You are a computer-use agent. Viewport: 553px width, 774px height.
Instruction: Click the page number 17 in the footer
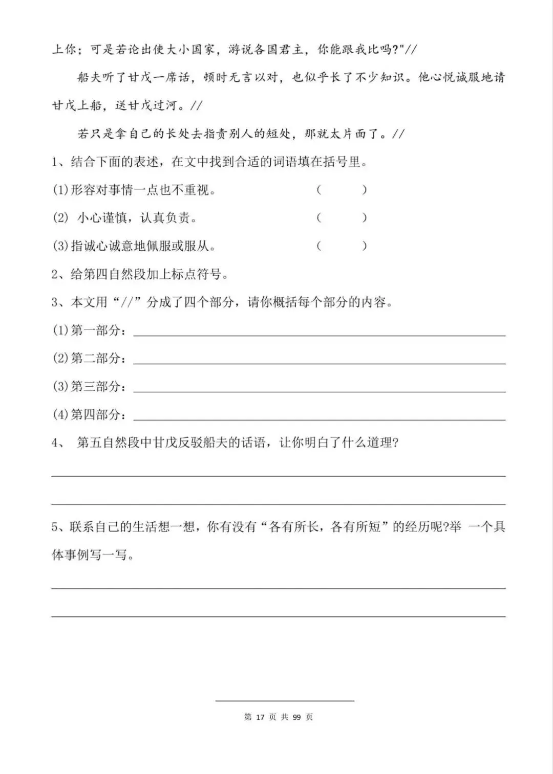pyautogui.click(x=259, y=717)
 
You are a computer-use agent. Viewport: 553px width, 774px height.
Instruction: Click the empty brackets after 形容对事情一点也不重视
pyautogui.click(x=342, y=190)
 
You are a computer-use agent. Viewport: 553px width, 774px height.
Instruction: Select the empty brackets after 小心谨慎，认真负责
pyautogui.click(x=342, y=218)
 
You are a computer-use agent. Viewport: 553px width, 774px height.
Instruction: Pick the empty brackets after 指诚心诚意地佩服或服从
pyautogui.click(x=342, y=246)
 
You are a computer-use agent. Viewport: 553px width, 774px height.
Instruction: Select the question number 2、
pyautogui.click(x=59, y=274)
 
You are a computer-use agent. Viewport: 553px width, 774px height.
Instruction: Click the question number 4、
pyautogui.click(x=59, y=443)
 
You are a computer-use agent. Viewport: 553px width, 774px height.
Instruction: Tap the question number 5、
pyautogui.click(x=59, y=527)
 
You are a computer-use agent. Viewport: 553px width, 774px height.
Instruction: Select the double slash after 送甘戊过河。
pyautogui.click(x=196, y=106)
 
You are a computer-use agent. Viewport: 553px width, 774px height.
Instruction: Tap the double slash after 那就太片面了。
pyautogui.click(x=397, y=135)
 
